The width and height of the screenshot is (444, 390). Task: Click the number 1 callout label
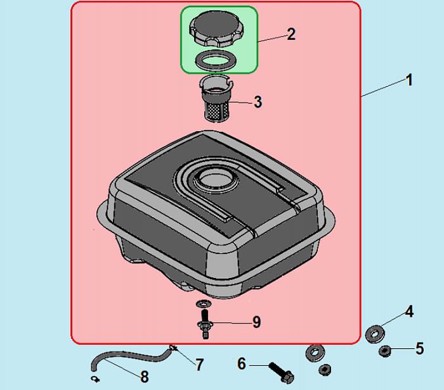click(x=409, y=81)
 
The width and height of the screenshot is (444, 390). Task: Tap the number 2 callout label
click(x=291, y=34)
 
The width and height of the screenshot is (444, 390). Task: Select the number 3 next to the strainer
click(x=258, y=102)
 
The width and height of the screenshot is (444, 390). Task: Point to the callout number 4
click(x=409, y=311)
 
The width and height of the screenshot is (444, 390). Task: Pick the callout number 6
click(x=242, y=363)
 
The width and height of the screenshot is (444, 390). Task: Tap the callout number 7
click(x=199, y=365)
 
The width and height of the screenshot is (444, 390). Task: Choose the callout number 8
click(x=144, y=377)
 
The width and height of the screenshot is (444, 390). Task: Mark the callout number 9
click(x=256, y=322)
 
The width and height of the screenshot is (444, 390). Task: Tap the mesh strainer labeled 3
click(x=218, y=104)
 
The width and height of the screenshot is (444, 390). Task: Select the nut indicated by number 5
click(x=384, y=351)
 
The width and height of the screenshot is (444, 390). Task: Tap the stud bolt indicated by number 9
click(x=205, y=319)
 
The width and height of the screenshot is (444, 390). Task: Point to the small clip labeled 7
click(x=173, y=347)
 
